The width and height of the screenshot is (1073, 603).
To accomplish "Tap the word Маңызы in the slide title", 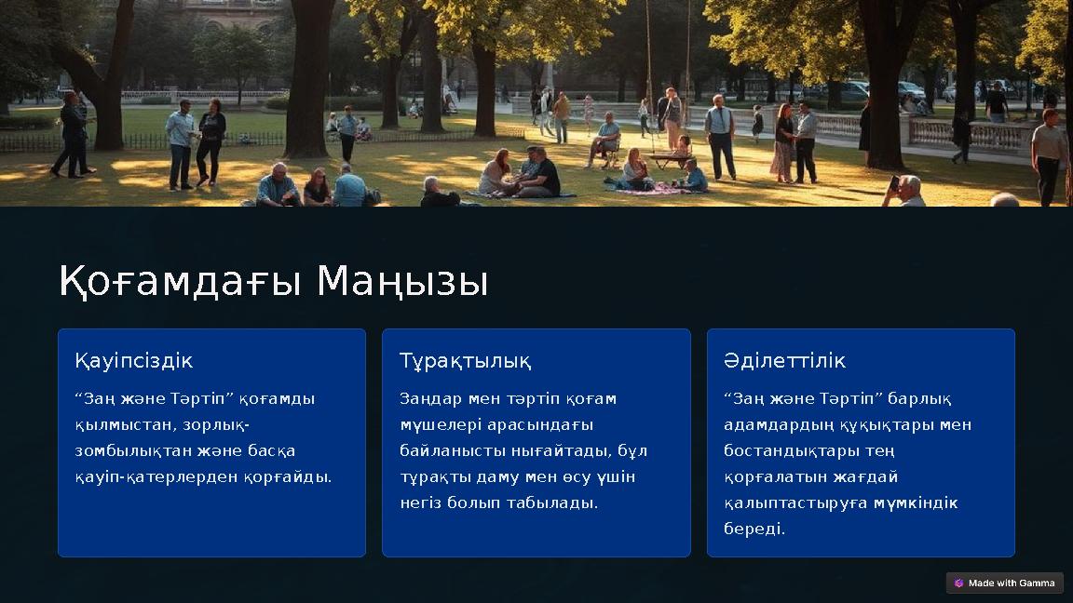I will click(x=402, y=281).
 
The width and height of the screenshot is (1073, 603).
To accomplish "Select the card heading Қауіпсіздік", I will click(x=134, y=360).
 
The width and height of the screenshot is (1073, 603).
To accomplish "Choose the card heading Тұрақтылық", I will click(x=466, y=360).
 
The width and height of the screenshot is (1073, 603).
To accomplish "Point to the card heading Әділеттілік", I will click(x=785, y=360).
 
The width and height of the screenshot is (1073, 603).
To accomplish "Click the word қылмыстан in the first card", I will click(x=113, y=424).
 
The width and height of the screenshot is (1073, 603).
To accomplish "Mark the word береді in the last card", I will click(x=754, y=529).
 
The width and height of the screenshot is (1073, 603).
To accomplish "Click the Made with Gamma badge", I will click(x=1004, y=583).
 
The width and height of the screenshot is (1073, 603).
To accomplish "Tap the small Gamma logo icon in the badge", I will click(x=958, y=583).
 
